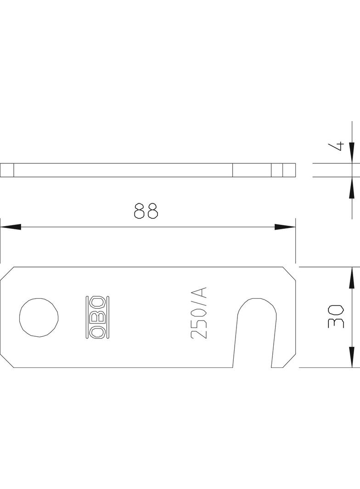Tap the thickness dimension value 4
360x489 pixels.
336,146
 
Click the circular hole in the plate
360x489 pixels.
39,317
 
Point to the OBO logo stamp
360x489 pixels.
98,317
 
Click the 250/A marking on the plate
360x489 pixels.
199,313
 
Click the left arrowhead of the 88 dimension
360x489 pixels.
11,227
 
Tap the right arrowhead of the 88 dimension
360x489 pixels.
285,227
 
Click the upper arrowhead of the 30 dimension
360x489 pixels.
352,277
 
